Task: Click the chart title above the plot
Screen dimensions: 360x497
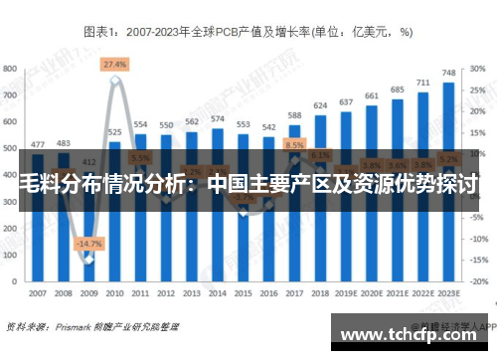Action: pos(248,32)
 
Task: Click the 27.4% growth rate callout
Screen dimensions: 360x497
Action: pos(114,65)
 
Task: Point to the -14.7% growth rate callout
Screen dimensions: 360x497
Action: pos(89,244)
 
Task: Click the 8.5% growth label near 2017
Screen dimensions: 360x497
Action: pos(294,144)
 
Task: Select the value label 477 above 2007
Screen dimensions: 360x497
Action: pos(38,144)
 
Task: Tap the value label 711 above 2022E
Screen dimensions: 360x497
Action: pos(422,84)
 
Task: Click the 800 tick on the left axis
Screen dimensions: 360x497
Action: pos(10,69)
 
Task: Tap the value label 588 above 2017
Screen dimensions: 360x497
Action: pos(294,115)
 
